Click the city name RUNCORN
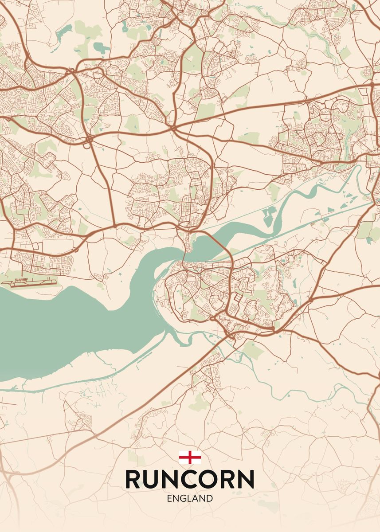(x=190, y=479)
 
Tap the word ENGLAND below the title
(x=190, y=498)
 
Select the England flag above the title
(x=190, y=457)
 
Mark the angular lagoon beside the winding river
(x=269, y=215)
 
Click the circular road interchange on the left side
(x=89, y=140)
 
